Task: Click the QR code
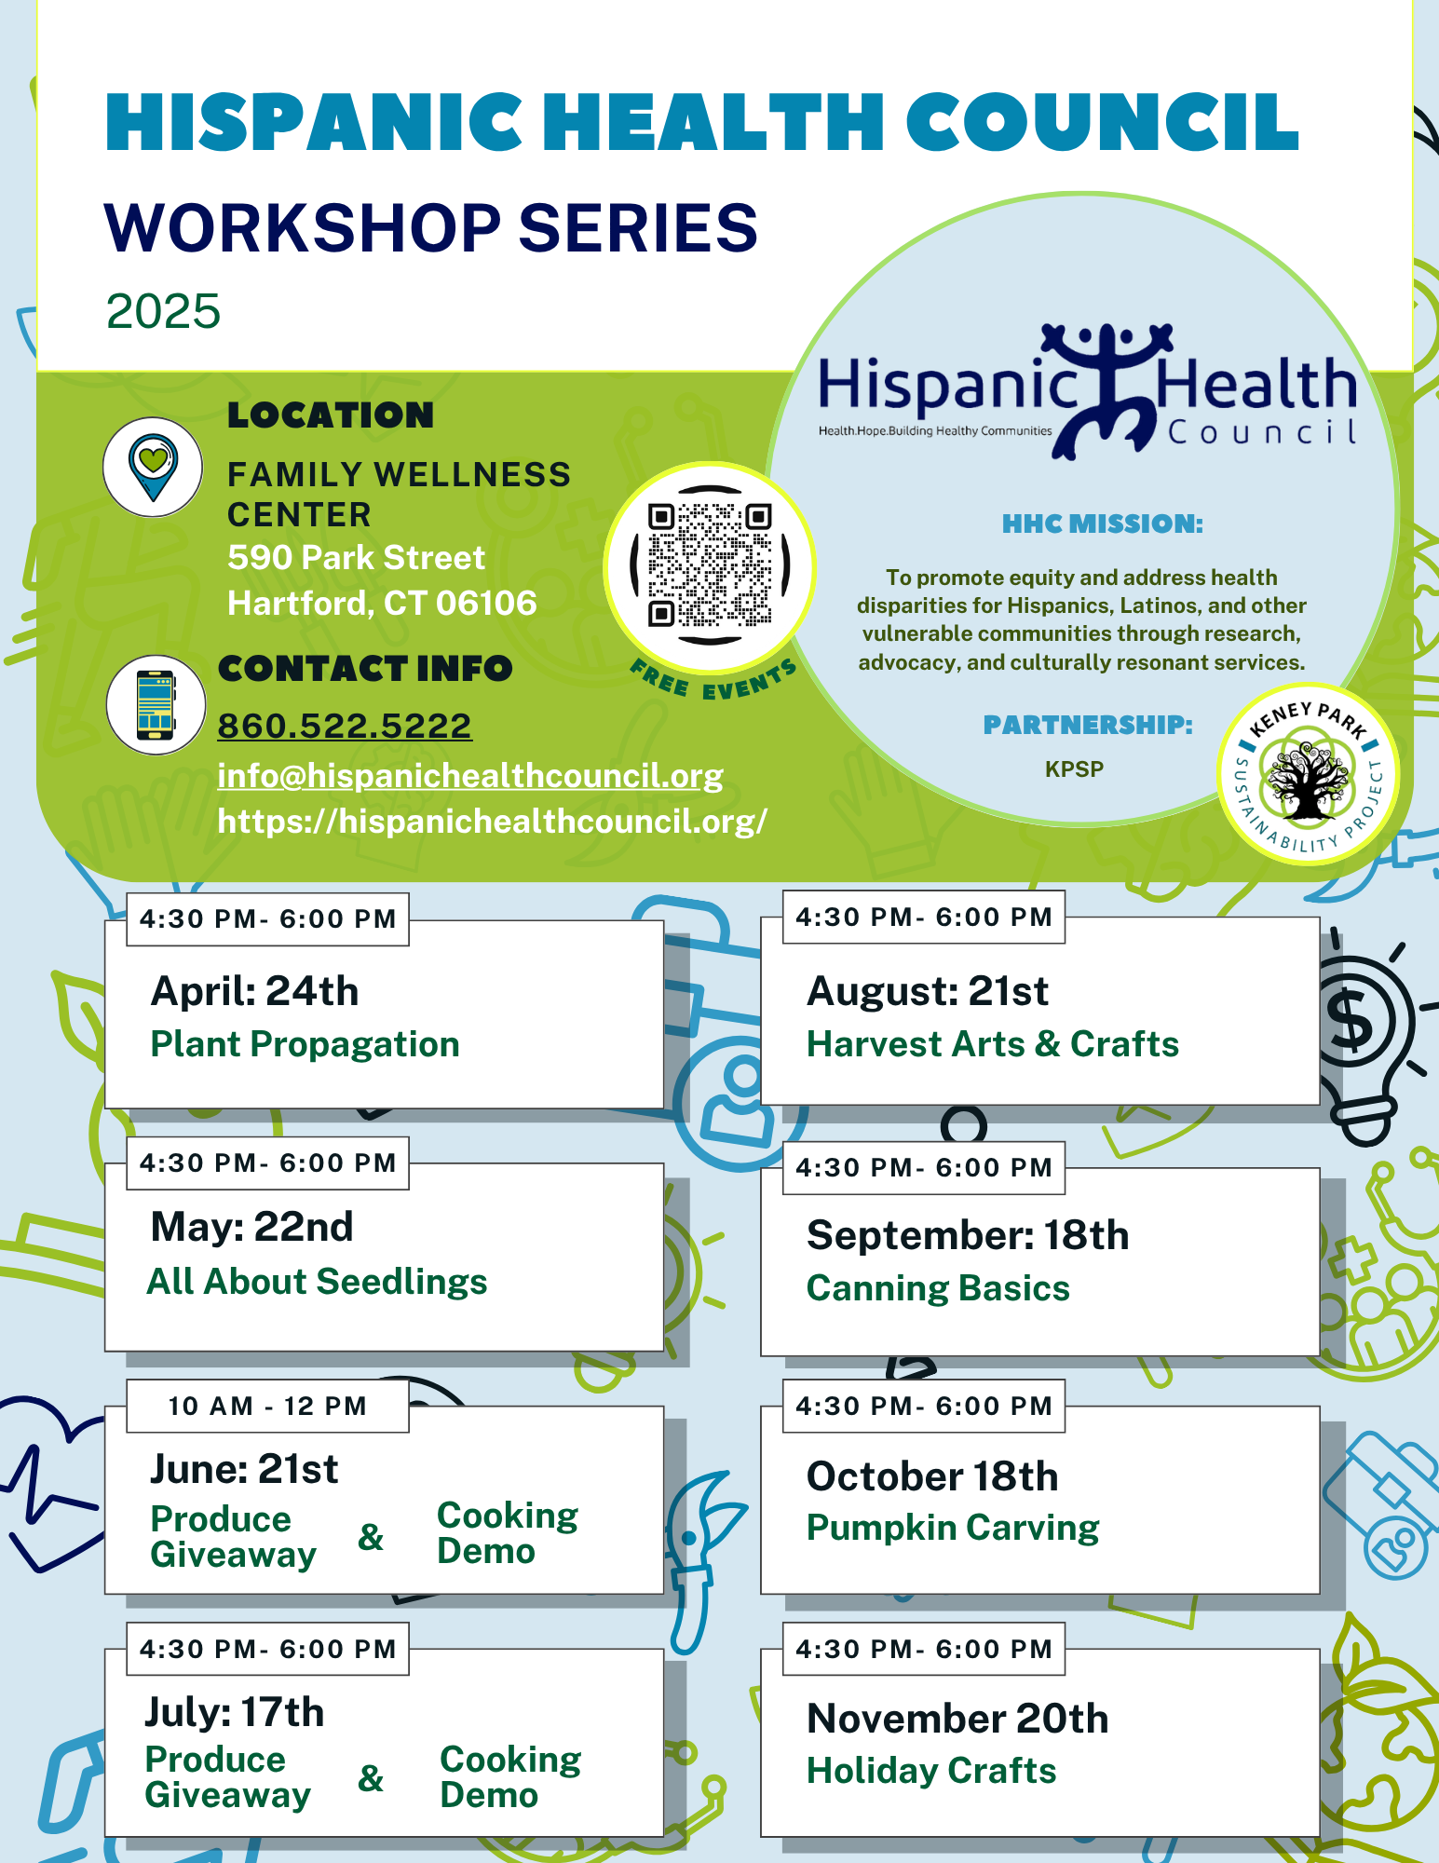(x=710, y=564)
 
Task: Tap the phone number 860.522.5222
(x=345, y=726)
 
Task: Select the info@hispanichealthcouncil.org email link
(x=470, y=775)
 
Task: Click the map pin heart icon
(x=153, y=467)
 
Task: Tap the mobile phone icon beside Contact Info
(x=156, y=704)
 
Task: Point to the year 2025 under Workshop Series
(x=163, y=311)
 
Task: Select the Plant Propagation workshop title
(x=305, y=1044)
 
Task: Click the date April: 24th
(x=254, y=991)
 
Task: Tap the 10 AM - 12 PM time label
(x=267, y=1406)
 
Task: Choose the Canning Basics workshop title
(x=938, y=1288)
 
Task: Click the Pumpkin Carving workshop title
(x=953, y=1529)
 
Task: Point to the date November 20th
(x=957, y=1719)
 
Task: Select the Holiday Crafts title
(x=931, y=1771)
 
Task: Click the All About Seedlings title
(x=317, y=1282)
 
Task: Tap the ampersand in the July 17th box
(x=371, y=1778)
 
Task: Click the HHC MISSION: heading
(x=1103, y=524)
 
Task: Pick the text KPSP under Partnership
(x=1074, y=769)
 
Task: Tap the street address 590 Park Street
(x=356, y=557)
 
